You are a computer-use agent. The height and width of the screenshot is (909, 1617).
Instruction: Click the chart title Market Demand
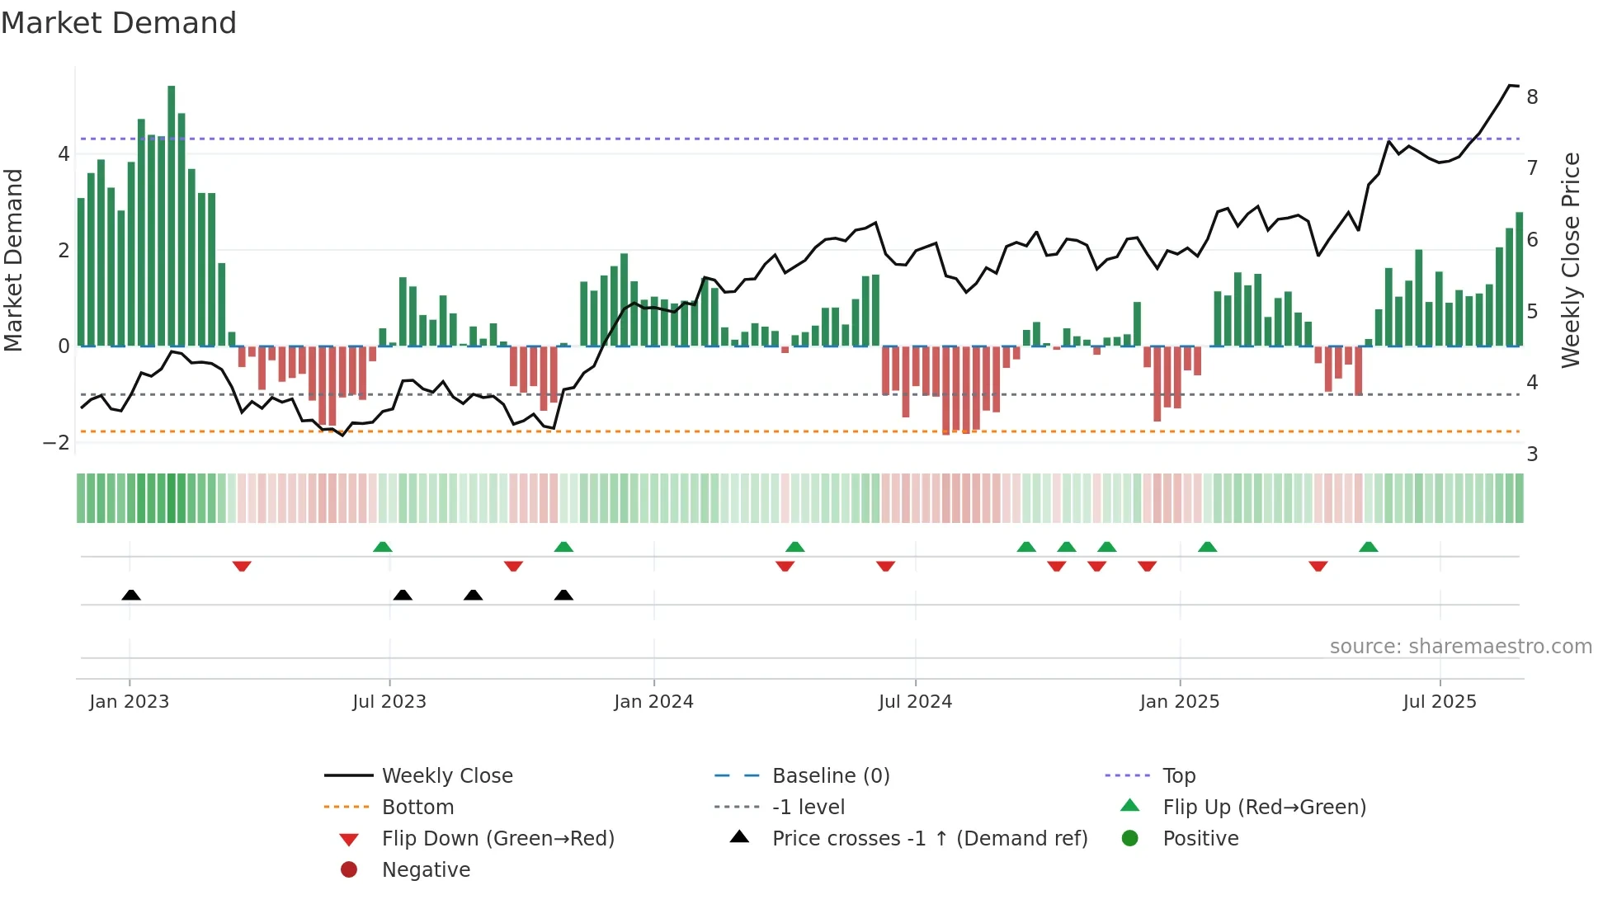(119, 23)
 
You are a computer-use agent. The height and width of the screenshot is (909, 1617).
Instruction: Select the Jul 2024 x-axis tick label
(915, 702)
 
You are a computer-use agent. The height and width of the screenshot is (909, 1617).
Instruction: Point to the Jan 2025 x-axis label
(1179, 702)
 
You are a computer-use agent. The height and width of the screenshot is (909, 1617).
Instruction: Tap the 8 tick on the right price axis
(1532, 97)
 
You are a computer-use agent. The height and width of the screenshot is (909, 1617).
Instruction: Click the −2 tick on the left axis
(56, 443)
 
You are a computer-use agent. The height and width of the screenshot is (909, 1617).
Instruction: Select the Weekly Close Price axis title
(1571, 260)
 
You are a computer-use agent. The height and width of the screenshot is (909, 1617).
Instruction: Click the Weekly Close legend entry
(446, 776)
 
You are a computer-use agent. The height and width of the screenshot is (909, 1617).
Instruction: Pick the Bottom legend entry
(417, 808)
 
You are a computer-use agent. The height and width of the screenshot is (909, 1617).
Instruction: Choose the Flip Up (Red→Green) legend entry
(1264, 808)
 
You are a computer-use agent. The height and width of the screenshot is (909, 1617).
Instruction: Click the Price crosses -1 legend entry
(929, 839)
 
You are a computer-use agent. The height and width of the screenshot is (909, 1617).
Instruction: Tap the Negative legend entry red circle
(349, 870)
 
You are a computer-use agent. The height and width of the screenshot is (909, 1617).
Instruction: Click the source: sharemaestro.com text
(1460, 647)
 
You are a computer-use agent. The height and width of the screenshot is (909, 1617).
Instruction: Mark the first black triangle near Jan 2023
(131, 595)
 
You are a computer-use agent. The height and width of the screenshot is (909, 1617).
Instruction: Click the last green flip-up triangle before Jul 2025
(1368, 547)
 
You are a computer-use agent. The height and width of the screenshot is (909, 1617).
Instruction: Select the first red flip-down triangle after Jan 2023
(242, 566)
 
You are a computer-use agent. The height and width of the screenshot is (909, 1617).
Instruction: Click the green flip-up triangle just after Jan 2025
(1207, 547)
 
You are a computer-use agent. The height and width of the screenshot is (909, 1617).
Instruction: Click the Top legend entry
(1178, 776)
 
